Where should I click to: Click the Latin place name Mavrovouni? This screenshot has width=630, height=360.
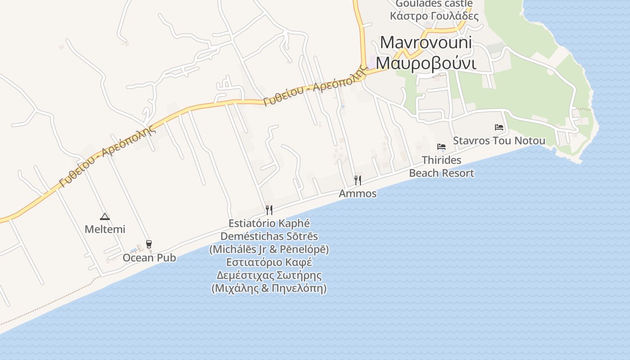(426, 43)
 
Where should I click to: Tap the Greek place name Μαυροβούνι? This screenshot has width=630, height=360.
(426, 63)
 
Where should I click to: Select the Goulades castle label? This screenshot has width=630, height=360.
(434, 4)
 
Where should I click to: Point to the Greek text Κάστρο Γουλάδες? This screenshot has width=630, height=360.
(434, 16)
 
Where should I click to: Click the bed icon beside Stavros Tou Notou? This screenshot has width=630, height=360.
(499, 127)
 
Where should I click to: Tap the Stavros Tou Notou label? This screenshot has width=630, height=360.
(499, 141)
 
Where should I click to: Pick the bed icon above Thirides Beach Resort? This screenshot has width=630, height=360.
(441, 147)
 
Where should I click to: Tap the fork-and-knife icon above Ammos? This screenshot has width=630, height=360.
(358, 180)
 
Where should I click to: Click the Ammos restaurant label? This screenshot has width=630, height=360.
(358, 194)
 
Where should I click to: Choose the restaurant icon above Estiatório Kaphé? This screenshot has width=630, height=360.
(269, 210)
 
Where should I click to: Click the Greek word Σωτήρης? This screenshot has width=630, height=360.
(299, 275)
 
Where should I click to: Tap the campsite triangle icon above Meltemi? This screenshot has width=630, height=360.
(105, 216)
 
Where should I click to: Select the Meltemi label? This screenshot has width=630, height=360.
(105, 229)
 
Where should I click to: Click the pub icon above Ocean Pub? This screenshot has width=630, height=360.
(149, 244)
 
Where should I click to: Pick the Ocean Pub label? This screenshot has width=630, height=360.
(149, 258)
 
